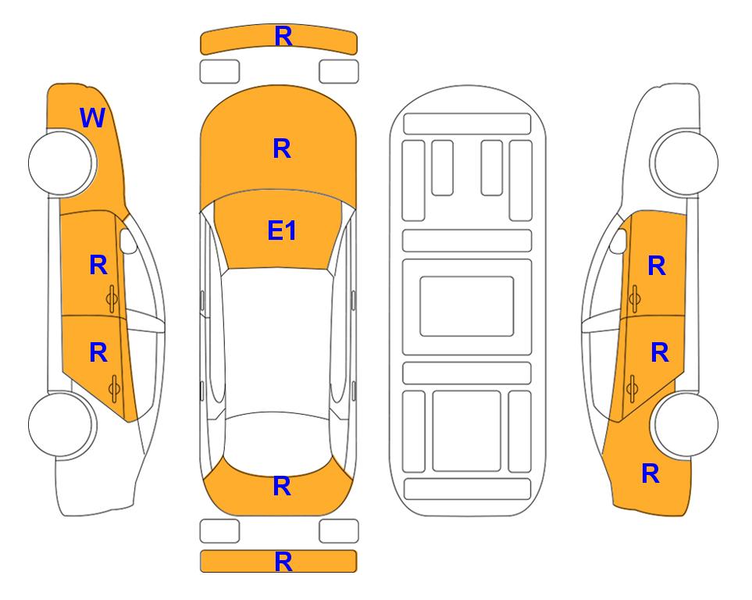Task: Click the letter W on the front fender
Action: coord(93,118)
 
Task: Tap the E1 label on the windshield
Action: coord(282,230)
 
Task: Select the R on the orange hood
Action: coord(282,148)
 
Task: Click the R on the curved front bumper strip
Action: coord(283,37)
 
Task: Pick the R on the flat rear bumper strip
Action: coord(283,562)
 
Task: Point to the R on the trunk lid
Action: coord(282,486)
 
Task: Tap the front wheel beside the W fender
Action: coord(62,162)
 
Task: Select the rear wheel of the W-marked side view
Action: coord(62,425)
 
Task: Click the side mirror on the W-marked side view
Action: coord(128,241)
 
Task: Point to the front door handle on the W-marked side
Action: coord(112,298)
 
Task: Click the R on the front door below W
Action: coord(98,265)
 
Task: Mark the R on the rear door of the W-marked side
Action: coord(98,353)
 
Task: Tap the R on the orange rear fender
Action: coord(650,473)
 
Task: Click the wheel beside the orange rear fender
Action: coord(686,425)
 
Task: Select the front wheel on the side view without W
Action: coord(686,162)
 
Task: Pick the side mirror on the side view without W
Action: coord(618,241)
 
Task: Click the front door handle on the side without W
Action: coord(634,298)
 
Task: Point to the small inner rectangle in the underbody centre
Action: coord(467,306)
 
